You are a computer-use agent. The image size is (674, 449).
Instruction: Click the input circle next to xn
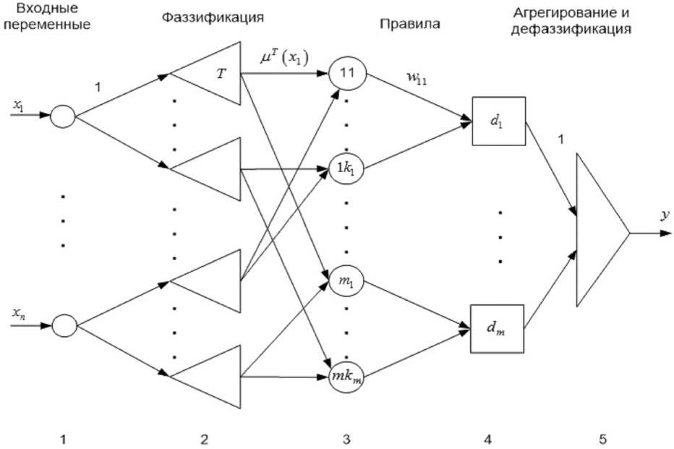[x=64, y=325]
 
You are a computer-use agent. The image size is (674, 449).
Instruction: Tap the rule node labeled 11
[x=348, y=72]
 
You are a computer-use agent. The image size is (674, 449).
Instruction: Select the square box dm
[x=498, y=329]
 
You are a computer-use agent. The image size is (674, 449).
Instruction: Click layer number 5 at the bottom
[x=602, y=439]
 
